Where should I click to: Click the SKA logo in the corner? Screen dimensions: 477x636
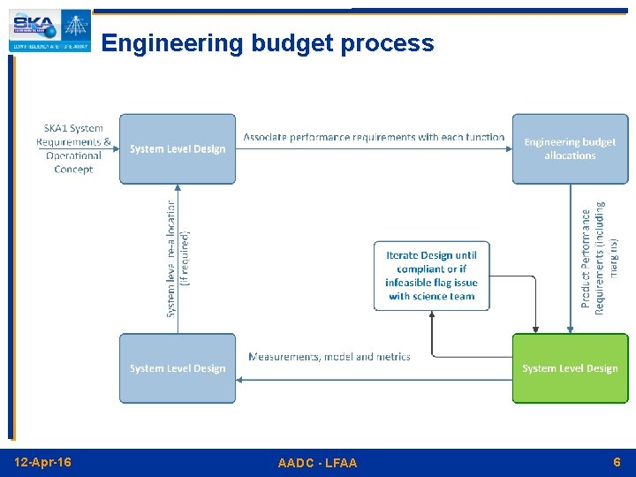tap(49, 31)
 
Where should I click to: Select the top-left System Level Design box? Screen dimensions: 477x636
tap(178, 148)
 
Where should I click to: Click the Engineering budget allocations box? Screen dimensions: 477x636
tap(570, 148)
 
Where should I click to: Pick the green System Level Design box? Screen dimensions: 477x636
tap(570, 368)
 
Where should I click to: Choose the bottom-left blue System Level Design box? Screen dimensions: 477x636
tap(178, 368)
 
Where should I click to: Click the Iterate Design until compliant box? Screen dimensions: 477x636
tap(431, 276)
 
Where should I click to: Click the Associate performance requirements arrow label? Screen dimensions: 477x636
tap(374, 137)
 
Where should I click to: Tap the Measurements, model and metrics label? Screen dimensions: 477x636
tap(329, 357)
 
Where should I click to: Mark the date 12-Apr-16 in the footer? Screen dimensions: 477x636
tap(43, 462)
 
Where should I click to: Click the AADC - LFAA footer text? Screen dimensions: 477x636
tap(317, 463)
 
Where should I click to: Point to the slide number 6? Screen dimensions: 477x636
tap(617, 462)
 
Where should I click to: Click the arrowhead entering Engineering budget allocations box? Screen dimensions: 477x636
tap(509, 149)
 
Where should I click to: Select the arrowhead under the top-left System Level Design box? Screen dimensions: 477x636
tap(178, 188)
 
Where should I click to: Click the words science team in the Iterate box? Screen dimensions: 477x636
tap(443, 297)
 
